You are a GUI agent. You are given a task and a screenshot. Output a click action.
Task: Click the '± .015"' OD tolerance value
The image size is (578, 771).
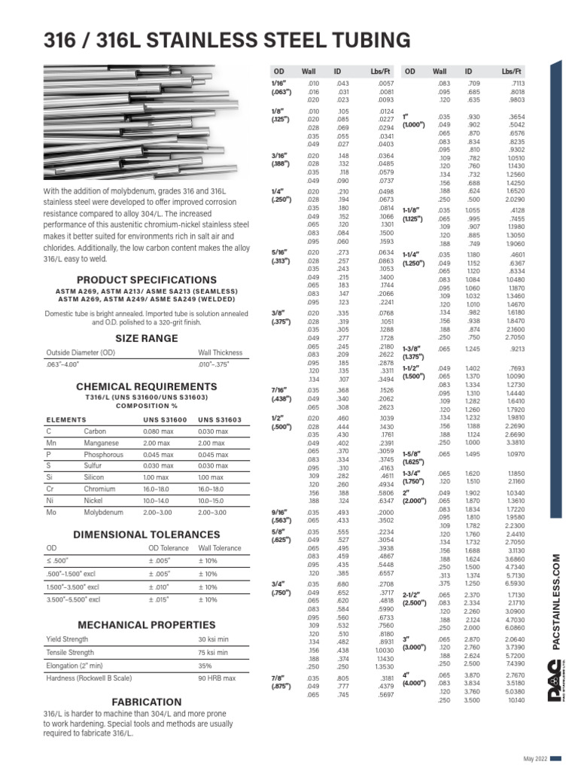157,599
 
